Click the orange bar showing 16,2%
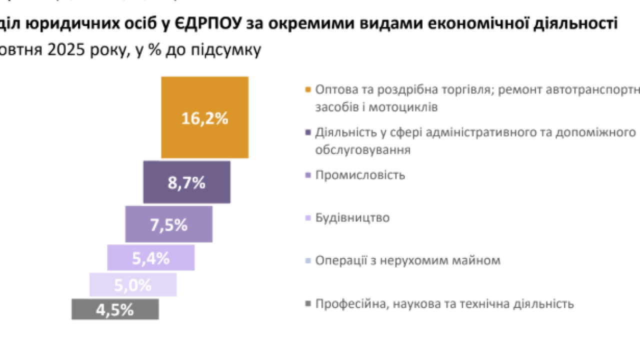pyautogui.click(x=204, y=117)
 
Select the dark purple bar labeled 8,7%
pyautogui.click(x=186, y=182)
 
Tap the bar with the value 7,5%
pyautogui.click(x=168, y=224)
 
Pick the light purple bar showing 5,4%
pyautogui.click(x=150, y=258)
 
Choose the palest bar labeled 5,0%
pyautogui.click(x=132, y=285)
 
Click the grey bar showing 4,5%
pyautogui.click(x=115, y=309)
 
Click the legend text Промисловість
pyautogui.click(x=360, y=175)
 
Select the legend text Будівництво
pyautogui.click(x=352, y=218)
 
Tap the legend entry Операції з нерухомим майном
pyautogui.click(x=407, y=261)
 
